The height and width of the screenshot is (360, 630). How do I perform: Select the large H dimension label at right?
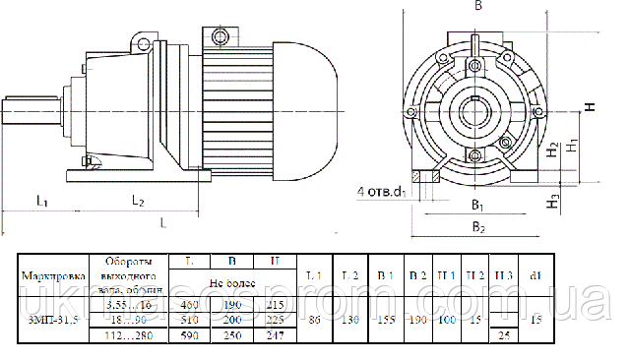pyautogui.click(x=589, y=108)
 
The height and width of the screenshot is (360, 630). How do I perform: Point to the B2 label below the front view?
pyautogui.click(x=477, y=227)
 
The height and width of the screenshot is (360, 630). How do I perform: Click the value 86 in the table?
pyautogui.click(x=315, y=320)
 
